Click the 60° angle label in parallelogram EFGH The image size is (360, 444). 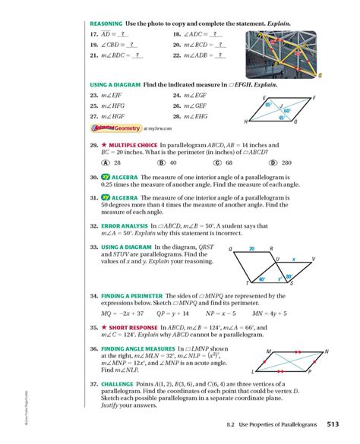(287, 111)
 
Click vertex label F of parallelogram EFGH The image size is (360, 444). (313, 98)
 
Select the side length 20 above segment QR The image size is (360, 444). (250, 248)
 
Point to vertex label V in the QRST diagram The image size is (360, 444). (313, 259)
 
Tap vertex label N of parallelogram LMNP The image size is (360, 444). (327, 351)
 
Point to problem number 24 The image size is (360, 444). (177, 96)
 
